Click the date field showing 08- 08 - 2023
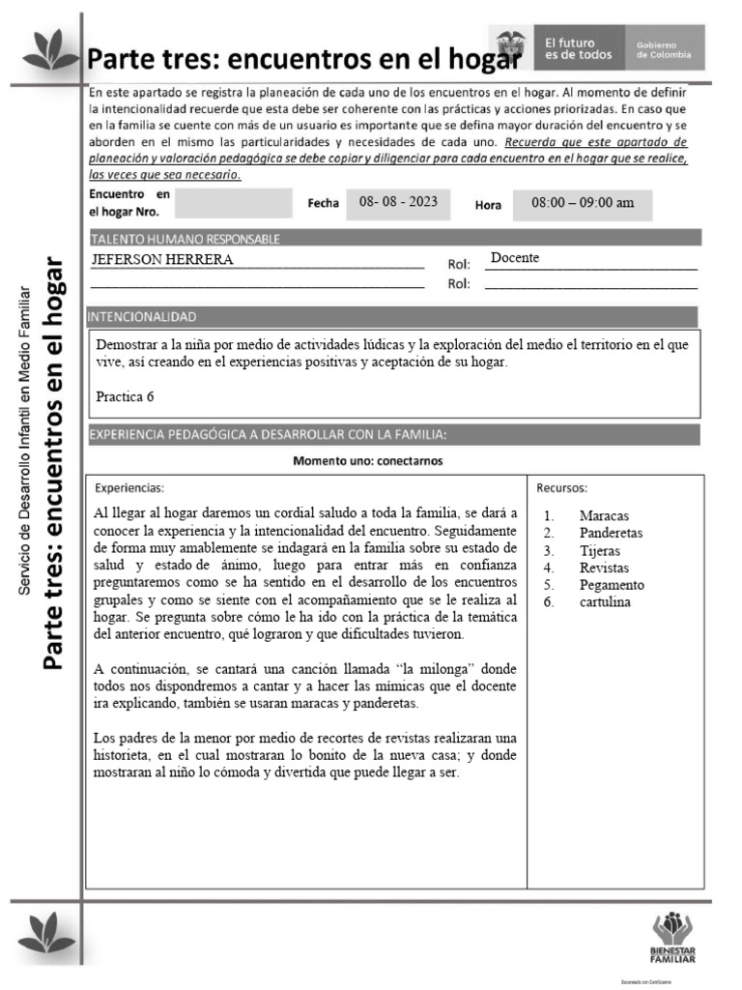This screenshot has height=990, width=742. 398,202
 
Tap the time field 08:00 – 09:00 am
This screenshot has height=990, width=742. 583,203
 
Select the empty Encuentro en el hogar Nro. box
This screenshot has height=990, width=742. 233,203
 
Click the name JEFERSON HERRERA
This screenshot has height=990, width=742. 162,260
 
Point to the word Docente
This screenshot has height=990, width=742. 515,258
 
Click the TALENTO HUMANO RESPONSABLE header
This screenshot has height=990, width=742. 185,239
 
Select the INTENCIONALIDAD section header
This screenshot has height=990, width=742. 143,316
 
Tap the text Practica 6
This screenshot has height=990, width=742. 125,396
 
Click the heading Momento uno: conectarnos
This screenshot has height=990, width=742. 368,461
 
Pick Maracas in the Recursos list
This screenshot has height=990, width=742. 604,516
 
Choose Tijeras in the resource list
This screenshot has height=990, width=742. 600,551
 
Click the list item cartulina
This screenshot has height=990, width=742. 605,602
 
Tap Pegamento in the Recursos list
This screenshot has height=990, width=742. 612,585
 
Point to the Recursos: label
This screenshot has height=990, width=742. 562,487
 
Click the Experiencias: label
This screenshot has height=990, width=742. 129,487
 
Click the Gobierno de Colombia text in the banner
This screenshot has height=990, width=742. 664,49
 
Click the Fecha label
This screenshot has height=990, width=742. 323,203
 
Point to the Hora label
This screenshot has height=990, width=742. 488,205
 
